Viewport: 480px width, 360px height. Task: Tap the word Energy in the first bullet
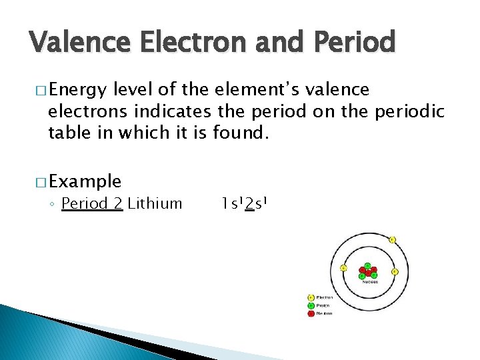78,90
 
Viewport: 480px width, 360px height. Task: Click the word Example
85,181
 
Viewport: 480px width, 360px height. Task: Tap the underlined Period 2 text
92,203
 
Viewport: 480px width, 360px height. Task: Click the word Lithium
155,203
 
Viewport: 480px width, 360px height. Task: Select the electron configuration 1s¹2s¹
245,203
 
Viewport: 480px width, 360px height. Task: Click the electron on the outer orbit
392,239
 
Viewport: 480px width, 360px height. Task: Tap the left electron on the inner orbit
343,268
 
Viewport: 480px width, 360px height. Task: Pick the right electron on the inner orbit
395,272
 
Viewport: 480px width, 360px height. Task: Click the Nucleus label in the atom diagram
369,281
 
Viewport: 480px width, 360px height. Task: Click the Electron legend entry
325,298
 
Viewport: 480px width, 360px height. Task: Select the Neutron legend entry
325,313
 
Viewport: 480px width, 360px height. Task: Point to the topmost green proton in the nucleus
367,266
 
